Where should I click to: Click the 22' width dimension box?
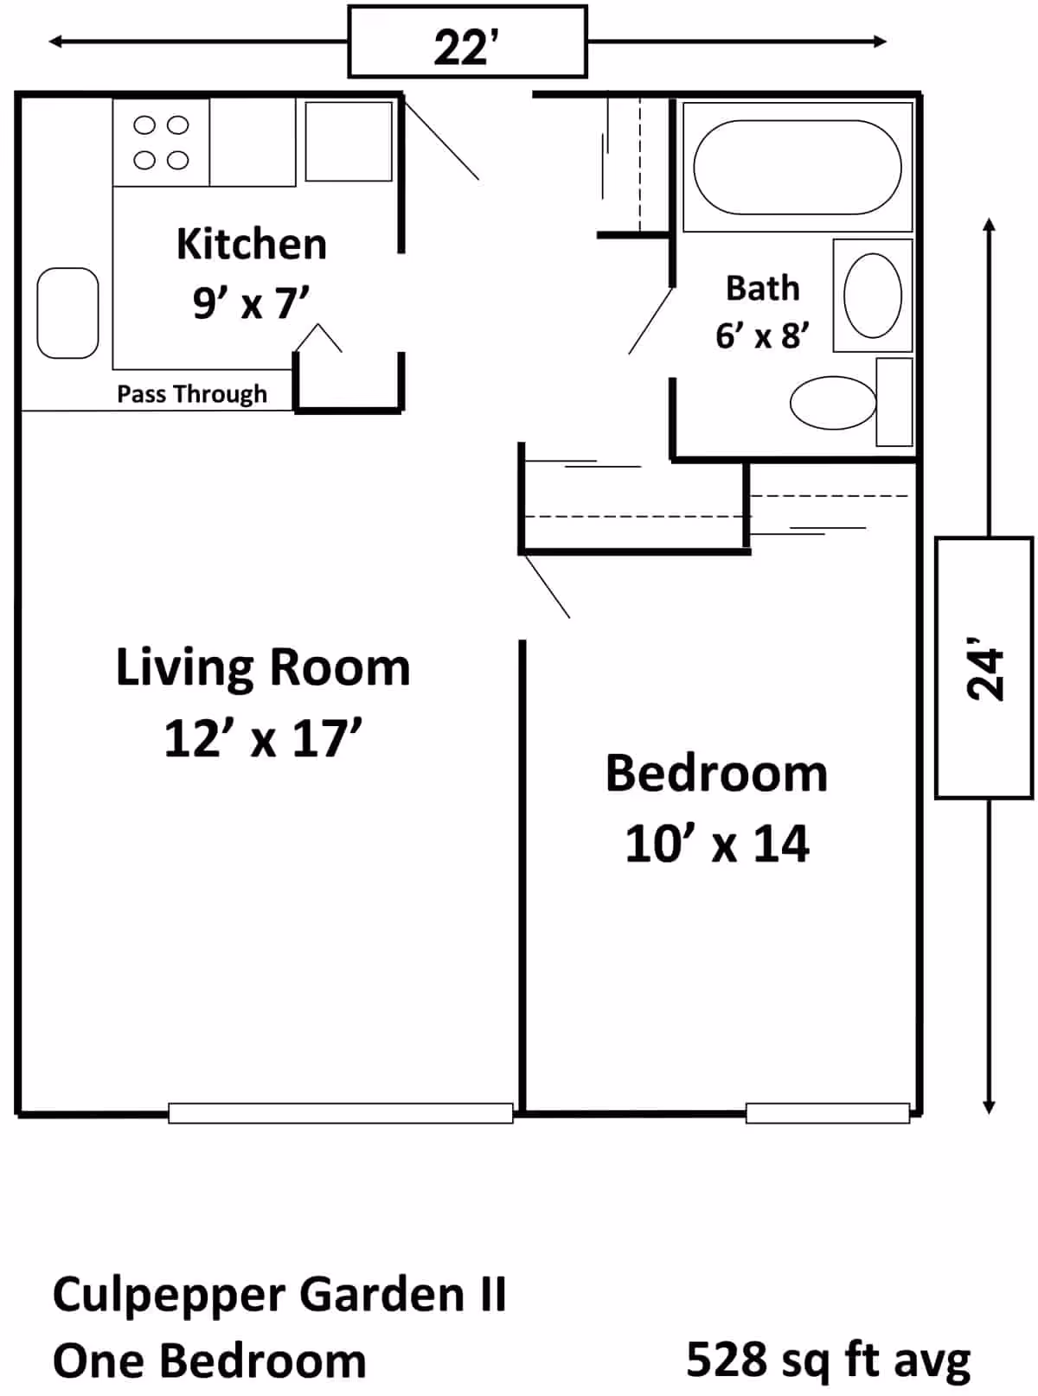click(x=467, y=41)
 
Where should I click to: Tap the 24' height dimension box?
click(x=984, y=668)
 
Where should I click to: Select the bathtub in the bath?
click(x=798, y=168)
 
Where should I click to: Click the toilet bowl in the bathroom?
click(x=833, y=403)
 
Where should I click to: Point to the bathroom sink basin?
click(x=872, y=296)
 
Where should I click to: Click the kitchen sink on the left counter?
click(x=68, y=314)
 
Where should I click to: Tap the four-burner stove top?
click(x=161, y=143)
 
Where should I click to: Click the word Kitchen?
click(x=252, y=245)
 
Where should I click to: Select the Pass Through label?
click(x=192, y=394)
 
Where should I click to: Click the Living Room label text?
click(x=263, y=668)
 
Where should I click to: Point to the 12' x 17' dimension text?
click(x=263, y=738)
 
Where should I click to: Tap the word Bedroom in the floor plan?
click(x=716, y=774)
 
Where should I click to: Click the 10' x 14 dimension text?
click(x=717, y=844)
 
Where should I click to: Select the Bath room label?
click(x=763, y=288)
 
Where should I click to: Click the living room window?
click(x=341, y=1112)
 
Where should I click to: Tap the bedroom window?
click(x=828, y=1112)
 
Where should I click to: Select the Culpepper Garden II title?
click(x=279, y=1295)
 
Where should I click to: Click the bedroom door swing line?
click(x=547, y=586)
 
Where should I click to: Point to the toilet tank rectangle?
click(x=894, y=402)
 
